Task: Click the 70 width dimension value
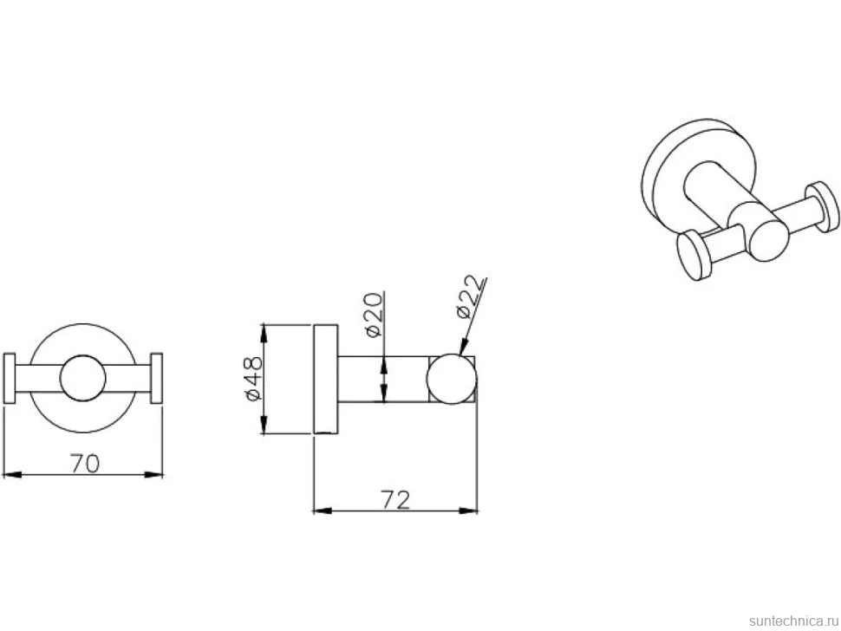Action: [85, 463]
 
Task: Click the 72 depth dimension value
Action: [396, 499]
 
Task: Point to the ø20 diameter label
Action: [374, 315]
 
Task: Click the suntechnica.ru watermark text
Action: [793, 621]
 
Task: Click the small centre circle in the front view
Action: [82, 378]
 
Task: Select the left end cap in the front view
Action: [10, 378]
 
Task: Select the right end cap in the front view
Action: [157, 378]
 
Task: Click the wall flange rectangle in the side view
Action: [326, 379]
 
